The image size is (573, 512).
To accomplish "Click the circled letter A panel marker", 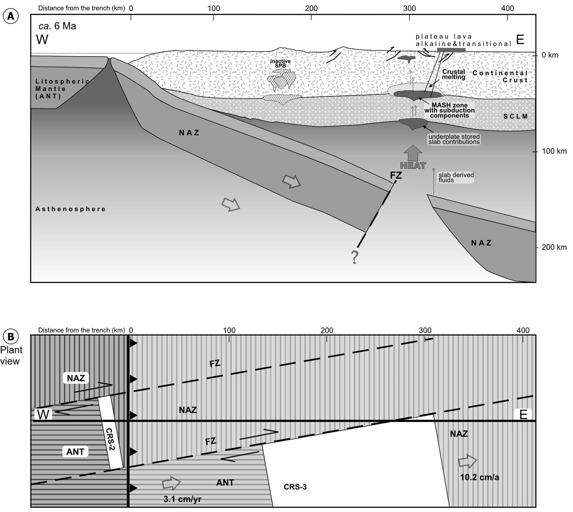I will tap(11, 16).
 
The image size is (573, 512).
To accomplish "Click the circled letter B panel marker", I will tap(11, 337).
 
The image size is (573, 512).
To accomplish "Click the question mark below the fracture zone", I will tap(355, 257).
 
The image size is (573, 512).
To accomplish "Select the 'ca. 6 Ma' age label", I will tap(57, 26).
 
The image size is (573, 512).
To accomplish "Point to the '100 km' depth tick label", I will tap(554, 151).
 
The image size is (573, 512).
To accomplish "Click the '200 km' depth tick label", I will tap(554, 247).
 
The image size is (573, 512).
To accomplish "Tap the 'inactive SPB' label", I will tap(280, 64).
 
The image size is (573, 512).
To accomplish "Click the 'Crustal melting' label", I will tap(453, 74).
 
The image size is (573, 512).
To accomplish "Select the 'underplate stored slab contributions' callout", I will tap(454, 139).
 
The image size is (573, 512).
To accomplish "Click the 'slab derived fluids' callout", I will tap(456, 177).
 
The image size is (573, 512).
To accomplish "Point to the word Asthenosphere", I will tap(70, 209).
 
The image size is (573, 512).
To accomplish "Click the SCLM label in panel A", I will tap(515, 116).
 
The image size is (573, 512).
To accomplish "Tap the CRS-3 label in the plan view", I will tap(295, 487).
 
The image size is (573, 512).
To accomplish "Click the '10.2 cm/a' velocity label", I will tap(479, 477).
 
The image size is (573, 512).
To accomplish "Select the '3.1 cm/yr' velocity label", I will tap(182, 499).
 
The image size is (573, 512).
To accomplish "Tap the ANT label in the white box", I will tap(75, 452).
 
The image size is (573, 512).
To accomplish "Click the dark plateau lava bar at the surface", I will tap(451, 51).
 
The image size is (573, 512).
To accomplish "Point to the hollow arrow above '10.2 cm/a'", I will tap(468, 462).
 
